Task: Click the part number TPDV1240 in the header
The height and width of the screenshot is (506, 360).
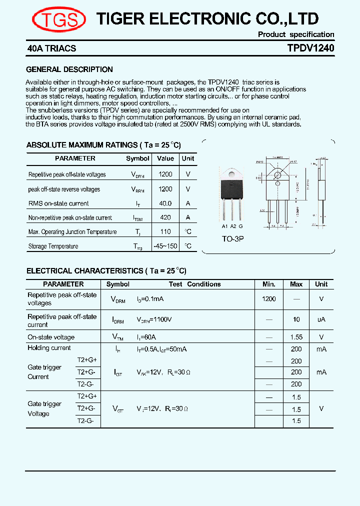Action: point(310,48)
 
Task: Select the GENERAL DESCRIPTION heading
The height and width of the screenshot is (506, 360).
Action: point(69,69)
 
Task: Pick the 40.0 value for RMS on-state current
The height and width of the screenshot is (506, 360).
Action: point(165,203)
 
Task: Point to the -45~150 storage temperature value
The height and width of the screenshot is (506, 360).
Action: point(165,246)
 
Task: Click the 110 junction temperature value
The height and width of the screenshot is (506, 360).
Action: point(165,231)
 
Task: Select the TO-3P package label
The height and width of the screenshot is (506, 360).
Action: point(233,238)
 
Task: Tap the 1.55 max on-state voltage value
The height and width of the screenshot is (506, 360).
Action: point(296,337)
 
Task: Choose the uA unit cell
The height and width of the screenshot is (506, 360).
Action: point(321,319)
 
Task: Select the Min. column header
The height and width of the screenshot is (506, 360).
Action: point(269,284)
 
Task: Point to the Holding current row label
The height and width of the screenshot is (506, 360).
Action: point(49,348)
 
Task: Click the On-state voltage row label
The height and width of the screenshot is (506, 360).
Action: point(51,337)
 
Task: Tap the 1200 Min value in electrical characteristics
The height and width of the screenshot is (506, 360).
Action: point(269,298)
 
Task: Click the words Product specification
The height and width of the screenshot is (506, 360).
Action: point(296,34)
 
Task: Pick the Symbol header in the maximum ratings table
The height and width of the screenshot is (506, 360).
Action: point(137,158)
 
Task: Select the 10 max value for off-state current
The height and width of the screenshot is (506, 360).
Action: point(296,319)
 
